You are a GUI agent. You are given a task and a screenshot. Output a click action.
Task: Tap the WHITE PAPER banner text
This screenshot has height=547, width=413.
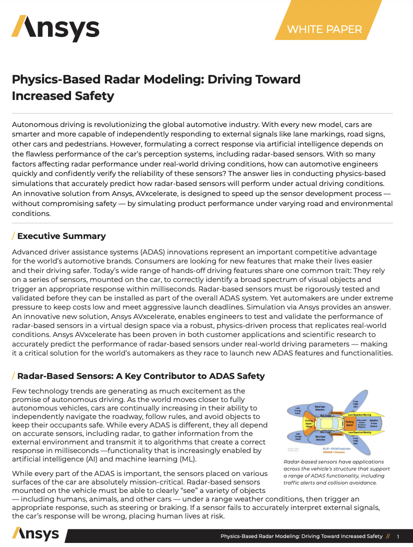[324, 29]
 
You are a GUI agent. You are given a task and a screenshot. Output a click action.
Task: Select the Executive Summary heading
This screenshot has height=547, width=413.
[61, 236]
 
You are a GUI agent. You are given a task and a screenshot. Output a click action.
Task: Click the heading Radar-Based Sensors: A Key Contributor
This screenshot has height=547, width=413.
[141, 376]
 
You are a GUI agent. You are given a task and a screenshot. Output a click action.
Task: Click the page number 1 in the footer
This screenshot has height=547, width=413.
[398, 536]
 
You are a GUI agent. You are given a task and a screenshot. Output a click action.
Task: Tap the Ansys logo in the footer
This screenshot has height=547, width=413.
[35, 534]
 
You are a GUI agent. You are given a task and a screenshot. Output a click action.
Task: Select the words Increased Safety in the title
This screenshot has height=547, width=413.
[63, 95]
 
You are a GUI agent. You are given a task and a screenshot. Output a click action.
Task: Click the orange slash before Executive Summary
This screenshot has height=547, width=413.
[13, 236]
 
